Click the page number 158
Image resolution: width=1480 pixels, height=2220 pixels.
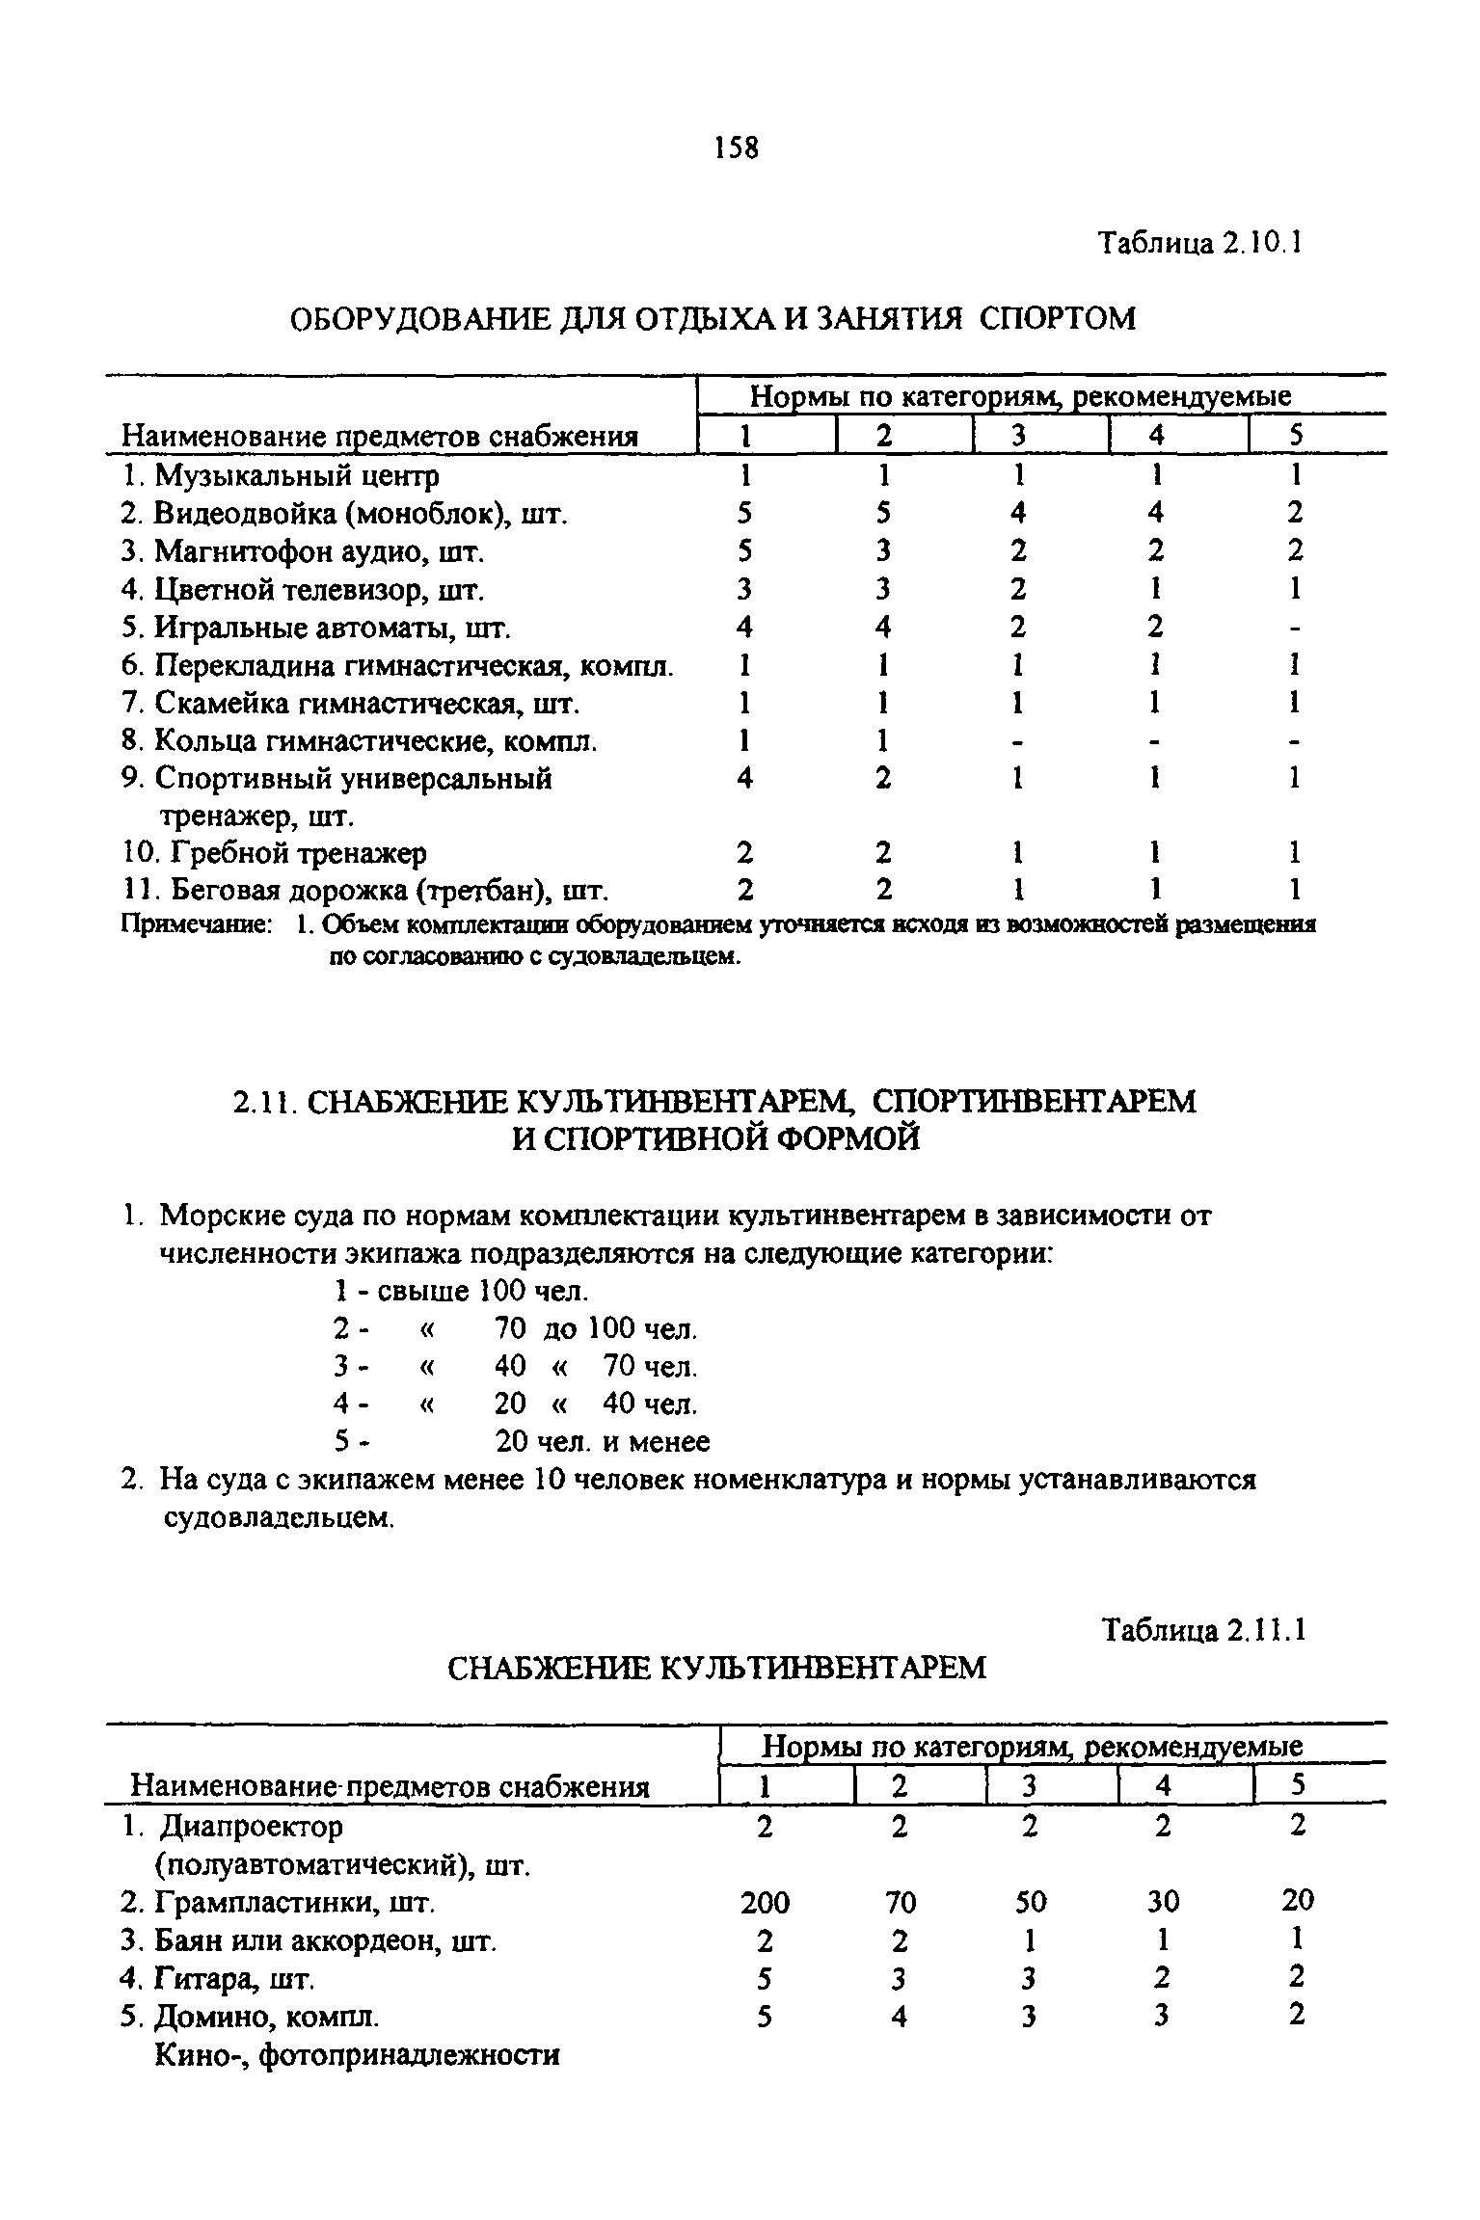[x=737, y=147]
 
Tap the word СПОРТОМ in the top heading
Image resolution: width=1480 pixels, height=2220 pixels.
[x=1058, y=318]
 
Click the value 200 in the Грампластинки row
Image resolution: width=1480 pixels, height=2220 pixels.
[x=765, y=1902]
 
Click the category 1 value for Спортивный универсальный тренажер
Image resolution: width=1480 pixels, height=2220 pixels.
[x=744, y=778]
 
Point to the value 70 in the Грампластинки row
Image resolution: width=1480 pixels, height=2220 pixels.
[x=899, y=1902]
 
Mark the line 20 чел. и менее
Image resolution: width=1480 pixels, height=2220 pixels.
[x=602, y=1442]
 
